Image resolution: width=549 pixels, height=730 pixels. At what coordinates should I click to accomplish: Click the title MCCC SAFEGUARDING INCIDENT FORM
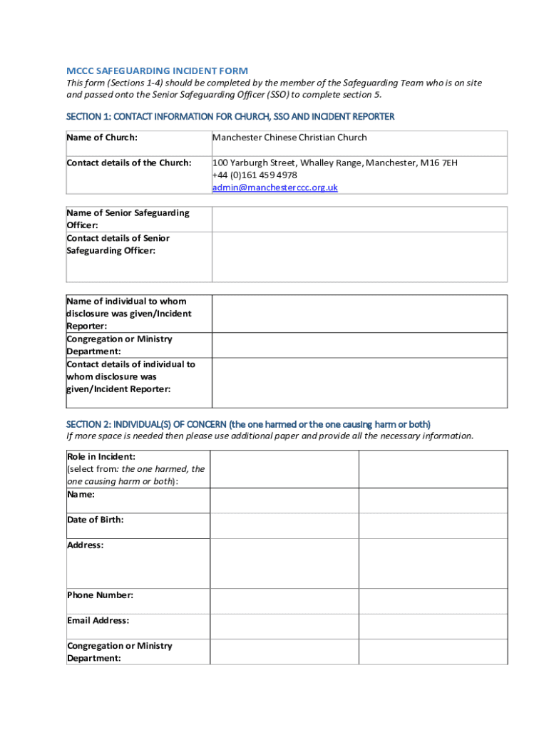(157, 71)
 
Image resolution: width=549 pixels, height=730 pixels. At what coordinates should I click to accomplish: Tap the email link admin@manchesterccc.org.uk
(274, 187)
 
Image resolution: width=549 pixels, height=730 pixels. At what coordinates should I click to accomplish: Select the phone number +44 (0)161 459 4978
(255, 175)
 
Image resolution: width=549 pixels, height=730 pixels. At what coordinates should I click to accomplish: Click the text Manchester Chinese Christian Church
(289, 137)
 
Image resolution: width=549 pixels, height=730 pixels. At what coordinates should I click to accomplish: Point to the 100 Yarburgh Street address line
(334, 163)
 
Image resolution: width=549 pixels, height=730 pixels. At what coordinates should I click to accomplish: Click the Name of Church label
(102, 137)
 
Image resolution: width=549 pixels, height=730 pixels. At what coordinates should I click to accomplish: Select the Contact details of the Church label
(129, 163)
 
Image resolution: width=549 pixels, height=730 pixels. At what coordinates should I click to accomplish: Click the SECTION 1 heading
(230, 116)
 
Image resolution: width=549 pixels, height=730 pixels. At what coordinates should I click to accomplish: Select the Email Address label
(98, 620)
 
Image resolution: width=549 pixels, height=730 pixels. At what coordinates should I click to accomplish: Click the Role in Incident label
(101, 456)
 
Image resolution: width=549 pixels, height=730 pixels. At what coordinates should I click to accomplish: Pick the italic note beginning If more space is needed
(270, 436)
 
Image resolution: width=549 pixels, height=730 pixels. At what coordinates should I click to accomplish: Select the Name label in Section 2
(81, 494)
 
